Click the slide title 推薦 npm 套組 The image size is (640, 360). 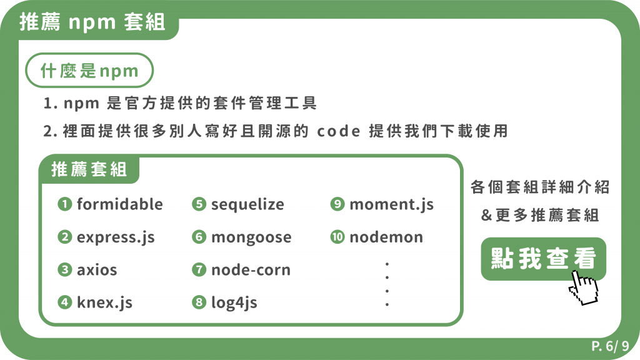92,23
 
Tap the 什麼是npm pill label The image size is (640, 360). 89,71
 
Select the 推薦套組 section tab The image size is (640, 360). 89,169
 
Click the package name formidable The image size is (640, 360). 119,204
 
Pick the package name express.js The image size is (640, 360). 116,237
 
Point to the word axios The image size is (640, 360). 97,270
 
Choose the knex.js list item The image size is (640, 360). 104,303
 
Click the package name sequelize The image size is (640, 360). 247,204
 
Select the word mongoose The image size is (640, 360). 251,237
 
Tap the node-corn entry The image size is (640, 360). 251,270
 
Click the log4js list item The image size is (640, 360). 234,303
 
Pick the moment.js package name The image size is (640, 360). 391,204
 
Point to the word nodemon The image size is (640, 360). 386,237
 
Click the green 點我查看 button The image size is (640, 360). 543,258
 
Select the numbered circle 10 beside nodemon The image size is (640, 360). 337,237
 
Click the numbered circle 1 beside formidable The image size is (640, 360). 64,204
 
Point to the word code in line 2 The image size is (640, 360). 338,132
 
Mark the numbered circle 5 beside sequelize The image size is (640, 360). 199,204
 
